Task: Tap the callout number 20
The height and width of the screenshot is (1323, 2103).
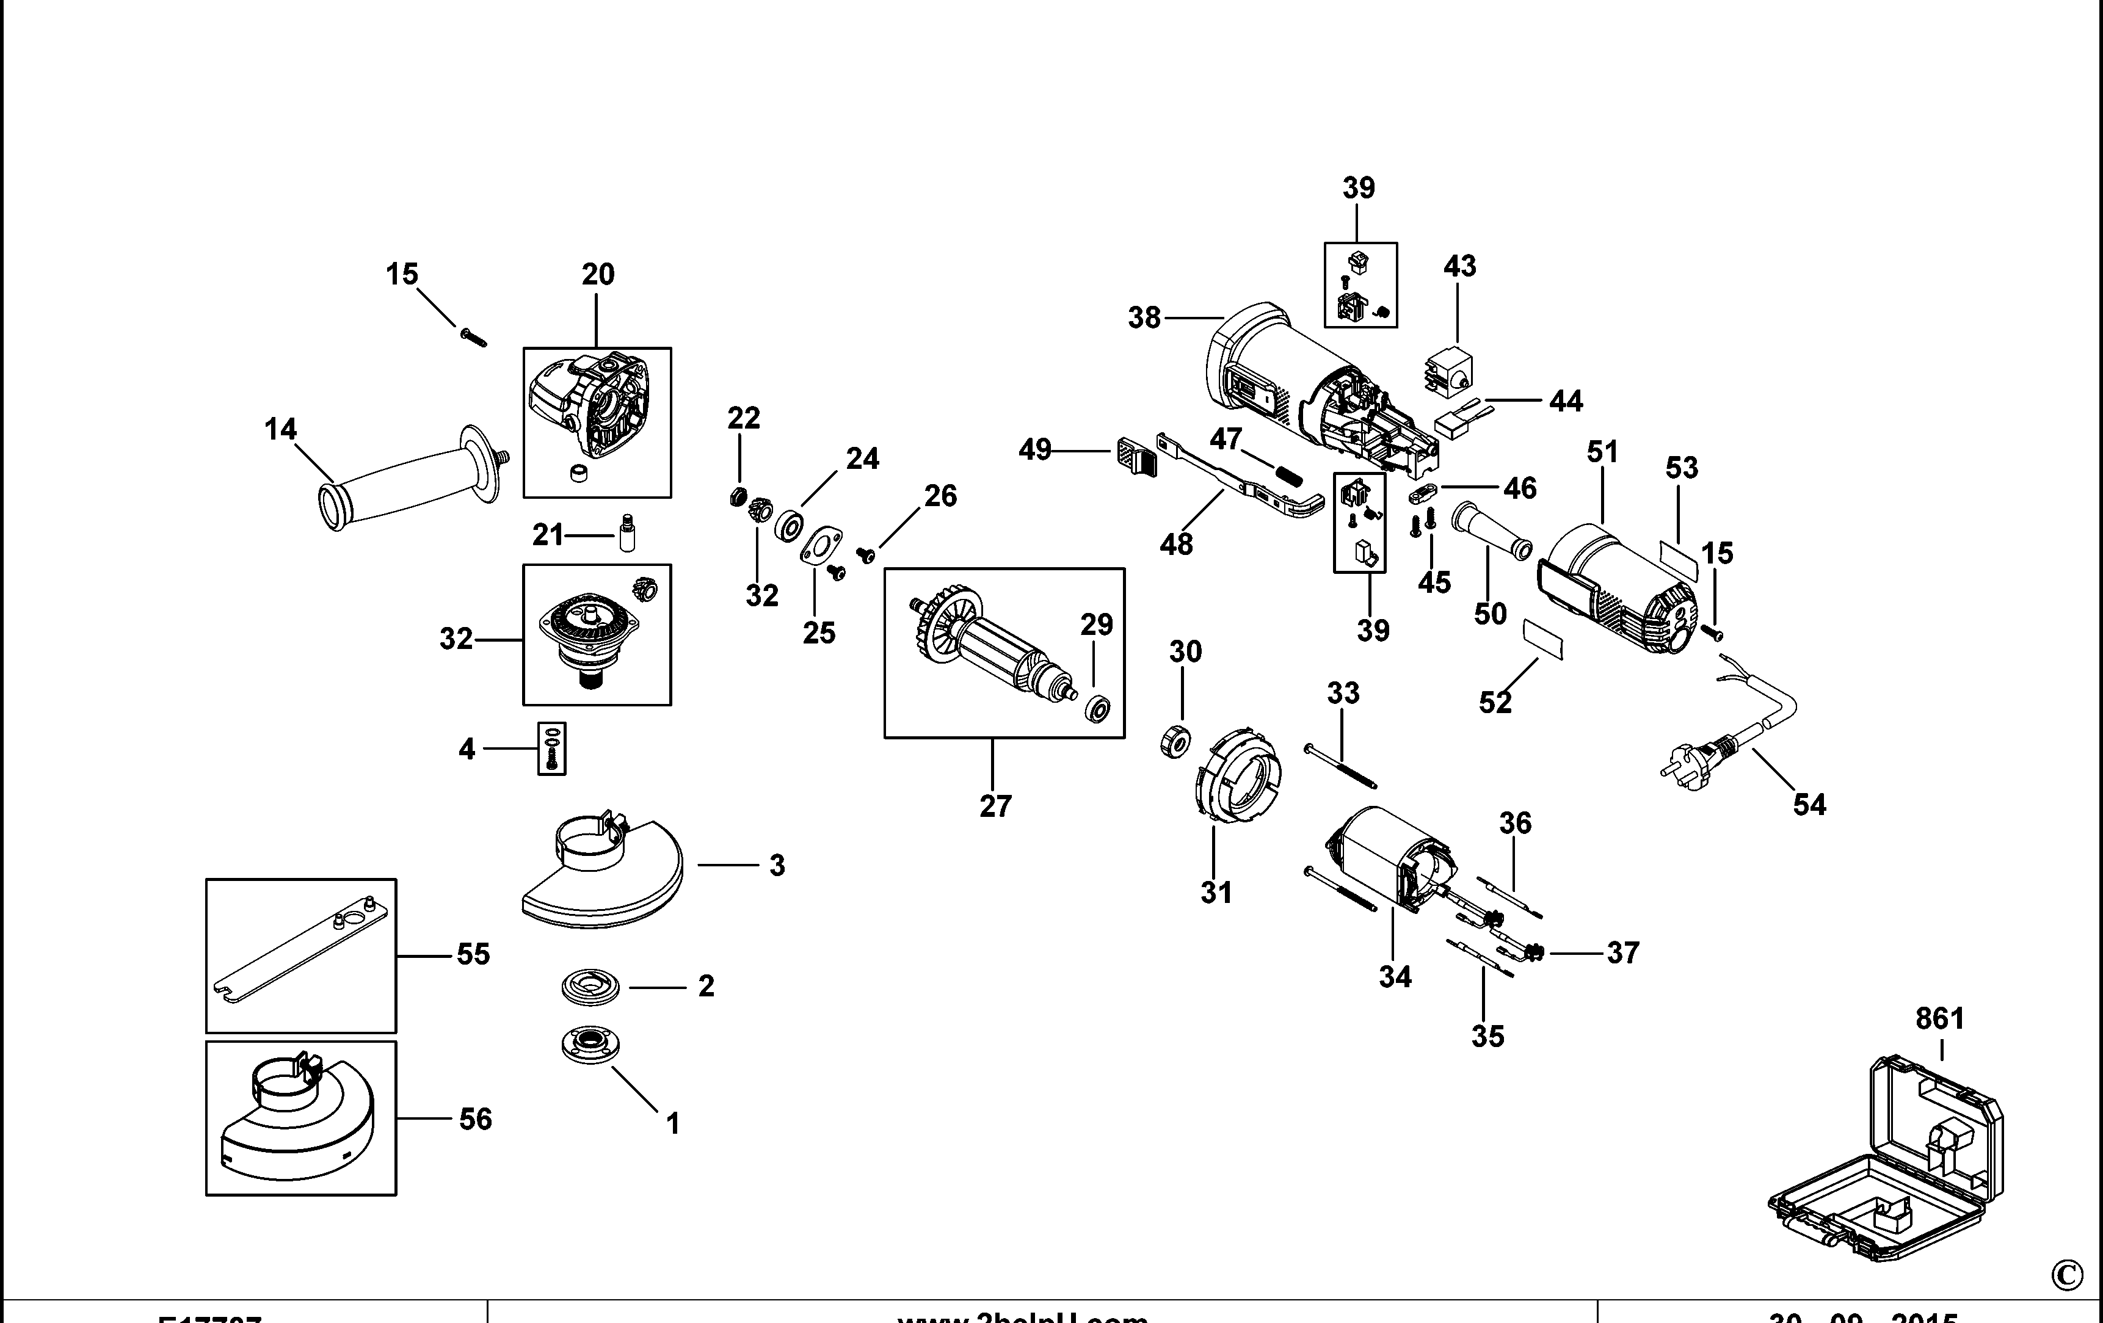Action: coord(598,274)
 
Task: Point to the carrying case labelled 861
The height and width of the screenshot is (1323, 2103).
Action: coord(1886,1170)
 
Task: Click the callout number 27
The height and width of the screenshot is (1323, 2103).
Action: coord(995,806)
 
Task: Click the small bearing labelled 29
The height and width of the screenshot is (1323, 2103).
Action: coord(1096,708)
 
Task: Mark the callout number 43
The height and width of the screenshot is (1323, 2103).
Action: coord(1459,266)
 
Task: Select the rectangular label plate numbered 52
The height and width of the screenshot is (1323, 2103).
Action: coord(1543,639)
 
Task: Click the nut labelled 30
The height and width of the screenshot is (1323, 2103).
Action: coord(1175,743)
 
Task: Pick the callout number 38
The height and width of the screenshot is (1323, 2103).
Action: coord(1144,318)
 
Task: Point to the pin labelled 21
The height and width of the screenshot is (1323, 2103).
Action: coord(626,533)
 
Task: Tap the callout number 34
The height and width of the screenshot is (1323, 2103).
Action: coord(1395,976)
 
